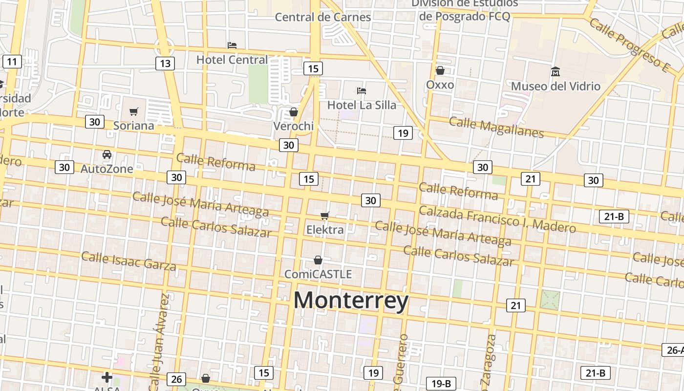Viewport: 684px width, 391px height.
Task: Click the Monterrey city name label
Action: (x=351, y=300)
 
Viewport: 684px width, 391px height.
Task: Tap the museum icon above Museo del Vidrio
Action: (x=555, y=72)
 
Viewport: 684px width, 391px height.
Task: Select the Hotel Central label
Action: (x=232, y=60)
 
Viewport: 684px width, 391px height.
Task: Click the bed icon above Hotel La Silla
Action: (x=362, y=90)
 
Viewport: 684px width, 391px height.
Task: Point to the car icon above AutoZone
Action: (x=107, y=154)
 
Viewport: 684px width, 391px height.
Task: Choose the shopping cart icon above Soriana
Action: (x=134, y=111)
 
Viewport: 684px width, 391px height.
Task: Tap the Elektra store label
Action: (x=325, y=229)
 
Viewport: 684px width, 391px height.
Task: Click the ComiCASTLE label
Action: (x=318, y=274)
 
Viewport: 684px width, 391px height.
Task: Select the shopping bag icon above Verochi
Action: (x=293, y=112)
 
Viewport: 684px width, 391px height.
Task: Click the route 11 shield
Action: (x=12, y=62)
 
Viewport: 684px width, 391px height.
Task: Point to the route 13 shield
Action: (x=165, y=63)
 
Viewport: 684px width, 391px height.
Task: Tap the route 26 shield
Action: (x=176, y=379)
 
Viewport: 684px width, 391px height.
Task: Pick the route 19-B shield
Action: (x=441, y=384)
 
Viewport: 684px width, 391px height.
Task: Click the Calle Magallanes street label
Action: (x=496, y=127)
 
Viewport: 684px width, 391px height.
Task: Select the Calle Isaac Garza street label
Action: (x=128, y=261)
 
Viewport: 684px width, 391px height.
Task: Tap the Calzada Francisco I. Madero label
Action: (x=497, y=218)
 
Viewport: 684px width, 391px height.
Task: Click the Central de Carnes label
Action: (x=323, y=17)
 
